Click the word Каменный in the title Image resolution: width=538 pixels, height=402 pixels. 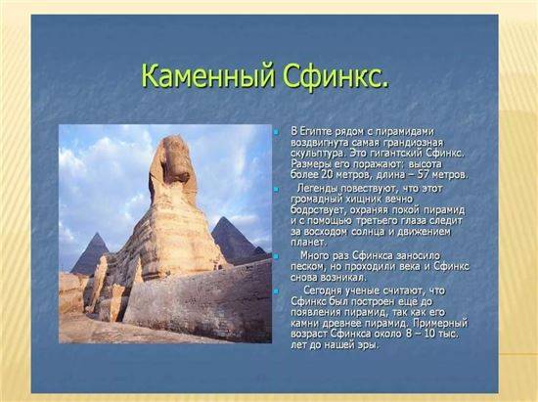[208, 77]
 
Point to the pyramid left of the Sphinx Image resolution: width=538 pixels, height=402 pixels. [90, 253]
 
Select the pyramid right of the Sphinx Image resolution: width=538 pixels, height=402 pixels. [237, 240]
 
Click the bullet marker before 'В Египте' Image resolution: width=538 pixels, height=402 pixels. [277, 131]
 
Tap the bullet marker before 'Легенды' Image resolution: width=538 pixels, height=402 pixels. [277, 189]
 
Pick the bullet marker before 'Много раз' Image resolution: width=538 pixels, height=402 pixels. [277, 255]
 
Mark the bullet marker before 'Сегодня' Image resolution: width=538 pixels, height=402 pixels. [277, 290]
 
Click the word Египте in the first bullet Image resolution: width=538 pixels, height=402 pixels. [315, 131]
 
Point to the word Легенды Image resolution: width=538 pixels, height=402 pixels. [318, 189]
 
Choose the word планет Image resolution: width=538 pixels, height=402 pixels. [308, 243]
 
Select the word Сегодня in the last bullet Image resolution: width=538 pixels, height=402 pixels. [323, 290]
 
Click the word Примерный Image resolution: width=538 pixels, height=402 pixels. [440, 324]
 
